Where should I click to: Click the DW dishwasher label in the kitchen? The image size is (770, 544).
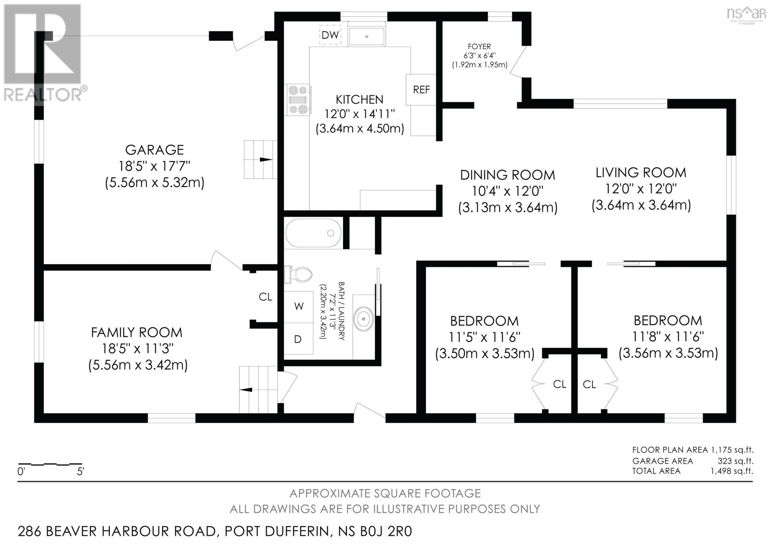(330, 35)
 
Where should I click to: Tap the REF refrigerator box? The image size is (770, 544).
(421, 89)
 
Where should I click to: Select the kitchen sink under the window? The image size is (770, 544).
(366, 37)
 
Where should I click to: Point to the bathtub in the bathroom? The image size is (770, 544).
(313, 233)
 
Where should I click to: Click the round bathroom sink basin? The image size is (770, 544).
(364, 319)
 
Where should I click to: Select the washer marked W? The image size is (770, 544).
(298, 307)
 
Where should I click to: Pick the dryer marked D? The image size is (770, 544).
(298, 339)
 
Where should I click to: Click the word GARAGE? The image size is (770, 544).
(154, 150)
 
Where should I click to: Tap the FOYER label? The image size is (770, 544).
(479, 46)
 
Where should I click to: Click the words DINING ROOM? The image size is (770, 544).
(507, 175)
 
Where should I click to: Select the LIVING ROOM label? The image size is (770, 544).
(641, 173)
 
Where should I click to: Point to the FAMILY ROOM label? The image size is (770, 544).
(137, 333)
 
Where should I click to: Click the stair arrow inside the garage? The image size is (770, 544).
(265, 160)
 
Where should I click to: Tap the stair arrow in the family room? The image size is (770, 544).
(246, 390)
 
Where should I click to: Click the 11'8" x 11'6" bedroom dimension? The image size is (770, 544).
(668, 337)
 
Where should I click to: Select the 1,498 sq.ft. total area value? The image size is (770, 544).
(732, 471)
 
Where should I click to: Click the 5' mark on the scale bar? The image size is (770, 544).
(80, 471)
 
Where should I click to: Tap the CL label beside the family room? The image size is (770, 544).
(265, 297)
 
